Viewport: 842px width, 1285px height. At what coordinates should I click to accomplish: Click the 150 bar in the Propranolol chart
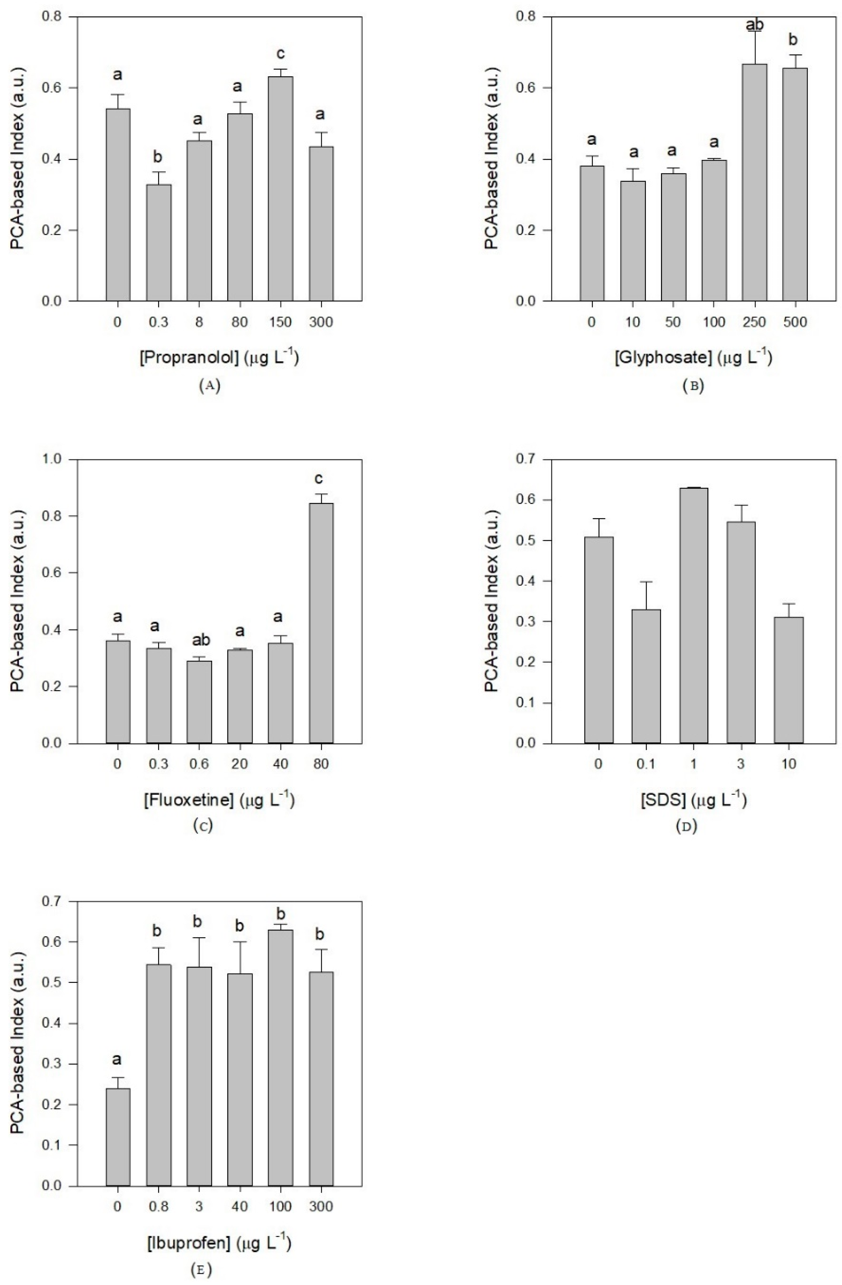280,189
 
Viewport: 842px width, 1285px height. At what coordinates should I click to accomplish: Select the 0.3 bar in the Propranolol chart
158,243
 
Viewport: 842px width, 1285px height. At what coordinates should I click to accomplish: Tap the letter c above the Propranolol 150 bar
280,53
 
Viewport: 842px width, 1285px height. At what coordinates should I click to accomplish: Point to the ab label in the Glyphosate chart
754,25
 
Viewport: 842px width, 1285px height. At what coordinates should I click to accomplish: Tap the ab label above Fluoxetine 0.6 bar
199,640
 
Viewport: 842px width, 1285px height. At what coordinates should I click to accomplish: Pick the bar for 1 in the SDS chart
693,615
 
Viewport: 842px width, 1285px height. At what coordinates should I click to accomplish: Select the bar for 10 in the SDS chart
789,680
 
